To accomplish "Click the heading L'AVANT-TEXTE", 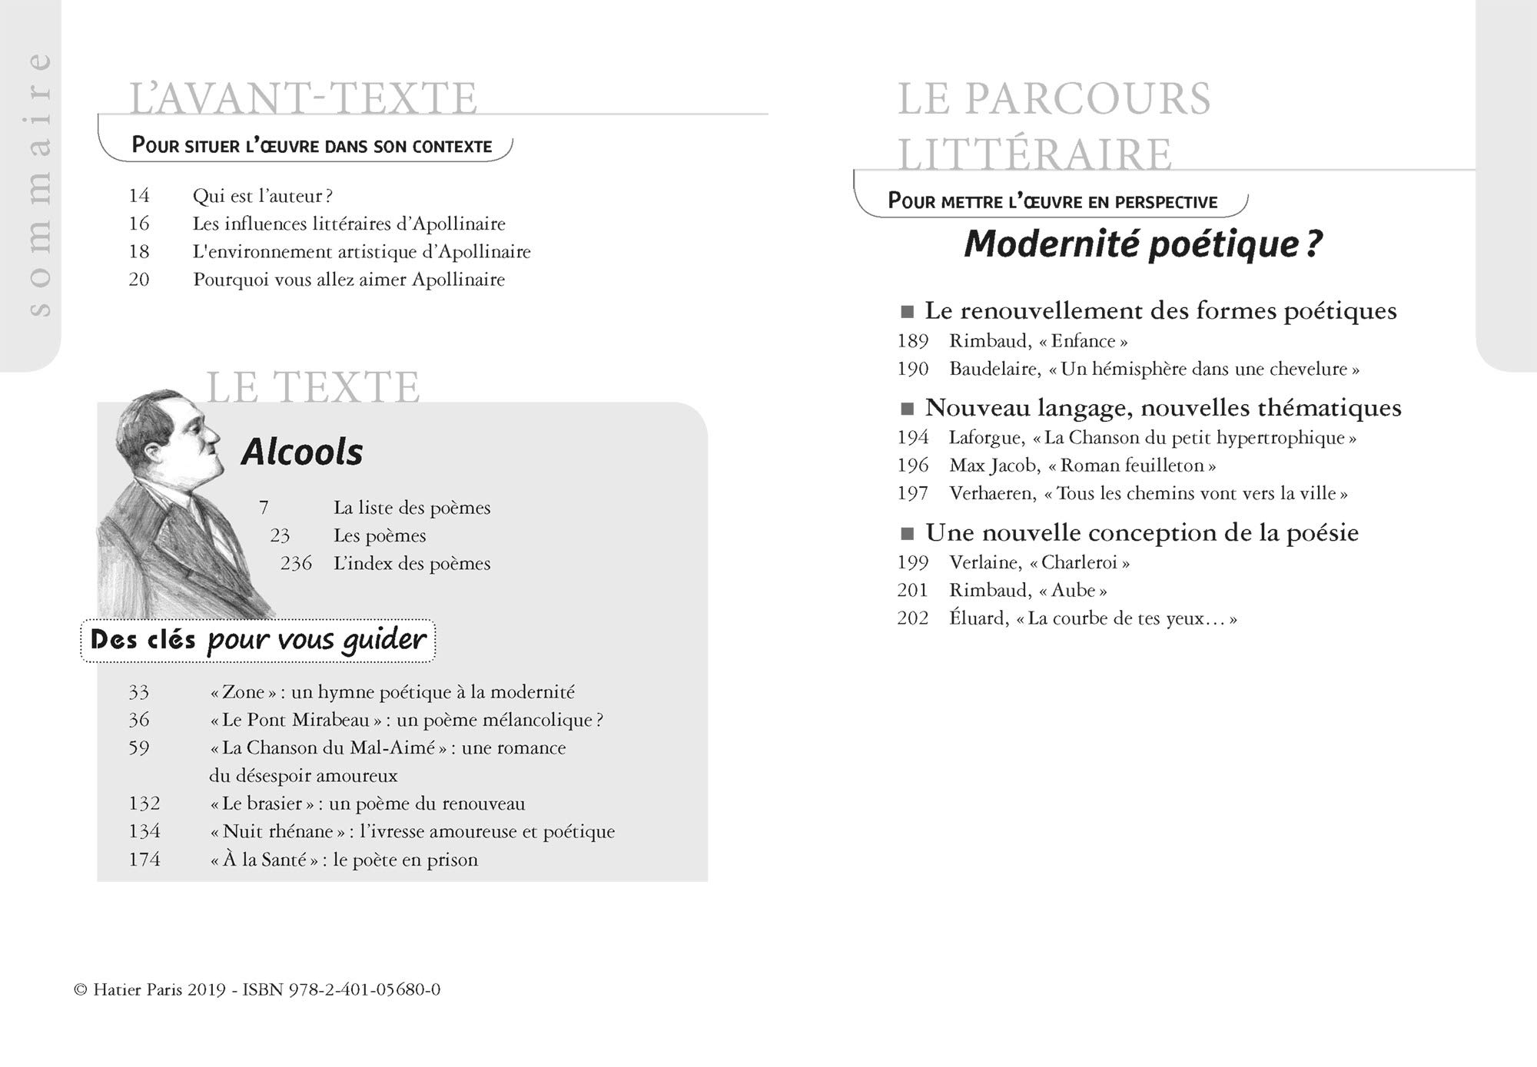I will pos(304,98).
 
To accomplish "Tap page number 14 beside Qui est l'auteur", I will pos(139,196).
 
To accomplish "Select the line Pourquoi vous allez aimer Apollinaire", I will pos(349,280).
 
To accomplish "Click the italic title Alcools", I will pos(301,452).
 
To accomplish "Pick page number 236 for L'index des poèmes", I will pos(296,564).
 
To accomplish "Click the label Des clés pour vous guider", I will pos(258,640).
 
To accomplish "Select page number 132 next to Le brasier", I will pos(144,804).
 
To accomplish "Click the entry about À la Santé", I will pos(344,860).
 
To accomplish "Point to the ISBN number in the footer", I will pos(364,989).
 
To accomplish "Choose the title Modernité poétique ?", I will pos(1143,244).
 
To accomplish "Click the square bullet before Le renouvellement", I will pos(908,312).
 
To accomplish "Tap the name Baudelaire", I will pos(994,369).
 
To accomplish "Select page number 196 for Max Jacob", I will pos(913,466).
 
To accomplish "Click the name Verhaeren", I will pos(992,493).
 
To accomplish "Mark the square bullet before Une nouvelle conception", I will pos(908,534).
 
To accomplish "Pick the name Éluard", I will pos(978,618).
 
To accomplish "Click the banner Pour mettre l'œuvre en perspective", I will pos(1052,201).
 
